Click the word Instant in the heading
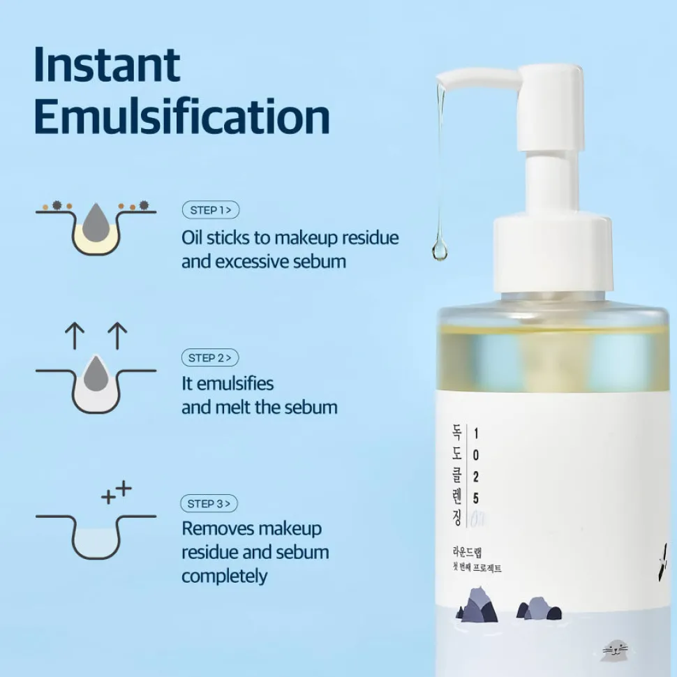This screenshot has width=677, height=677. coord(107,64)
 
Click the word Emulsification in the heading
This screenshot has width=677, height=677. coord(181,116)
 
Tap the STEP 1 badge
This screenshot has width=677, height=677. coord(211,210)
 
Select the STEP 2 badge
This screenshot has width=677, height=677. coord(210,358)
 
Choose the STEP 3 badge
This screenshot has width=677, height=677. coord(209,503)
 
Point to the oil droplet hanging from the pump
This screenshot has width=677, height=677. coord(440,250)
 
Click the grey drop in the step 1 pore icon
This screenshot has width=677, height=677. coord(96,221)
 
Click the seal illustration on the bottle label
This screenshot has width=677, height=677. coord(614,650)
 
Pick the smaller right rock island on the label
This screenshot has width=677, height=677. coord(540,609)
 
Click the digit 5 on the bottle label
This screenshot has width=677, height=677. coord(476,499)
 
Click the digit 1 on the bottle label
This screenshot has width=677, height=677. coord(476,433)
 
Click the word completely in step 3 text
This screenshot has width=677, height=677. coord(225,576)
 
